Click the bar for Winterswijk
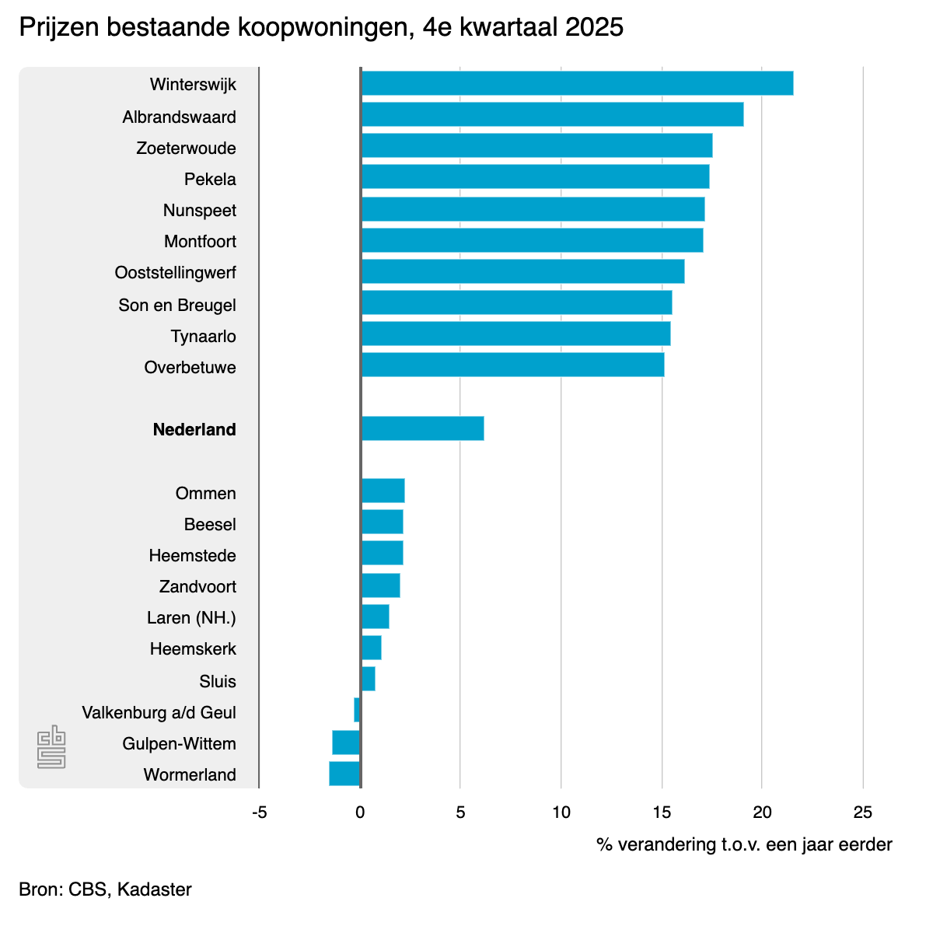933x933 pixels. tap(577, 83)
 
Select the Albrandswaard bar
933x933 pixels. tap(552, 114)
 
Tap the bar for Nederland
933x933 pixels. tap(422, 428)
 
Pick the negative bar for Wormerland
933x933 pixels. tap(344, 774)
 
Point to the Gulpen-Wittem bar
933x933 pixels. tap(346, 743)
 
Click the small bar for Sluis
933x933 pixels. tap(369, 679)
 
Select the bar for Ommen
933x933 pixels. tap(383, 491)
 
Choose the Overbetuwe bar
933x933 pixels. tap(512, 365)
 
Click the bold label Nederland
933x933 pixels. tap(194, 430)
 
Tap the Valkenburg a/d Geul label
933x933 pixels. tap(159, 713)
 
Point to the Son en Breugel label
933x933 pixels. tap(177, 305)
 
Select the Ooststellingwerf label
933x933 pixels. tap(175, 273)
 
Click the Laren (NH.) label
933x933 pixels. tap(191, 618)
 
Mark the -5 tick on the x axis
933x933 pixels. tap(260, 812)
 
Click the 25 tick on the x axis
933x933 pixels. tap(863, 812)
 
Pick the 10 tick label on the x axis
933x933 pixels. tap(561, 812)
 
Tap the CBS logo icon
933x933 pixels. tap(51, 747)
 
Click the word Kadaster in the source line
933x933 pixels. tap(154, 889)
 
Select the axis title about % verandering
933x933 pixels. tap(744, 844)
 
